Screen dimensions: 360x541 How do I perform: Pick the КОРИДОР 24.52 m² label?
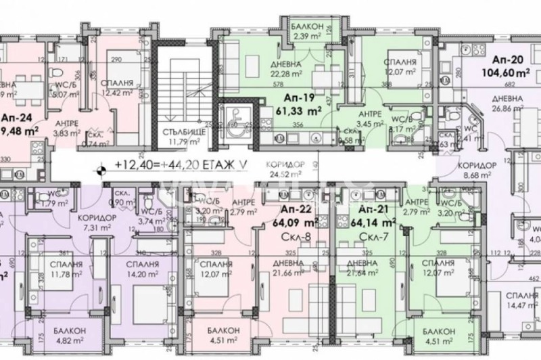pos(291,169)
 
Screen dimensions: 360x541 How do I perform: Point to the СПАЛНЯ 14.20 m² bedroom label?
pos(142,269)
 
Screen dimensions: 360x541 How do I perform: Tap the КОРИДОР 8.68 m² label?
pos(473,171)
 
